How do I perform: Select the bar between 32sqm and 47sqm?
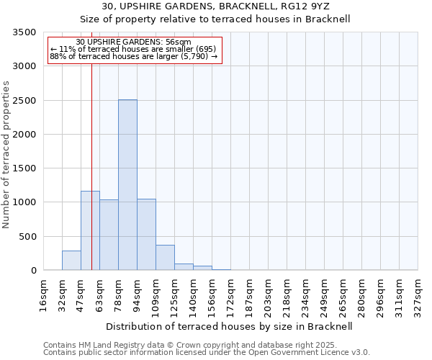71,260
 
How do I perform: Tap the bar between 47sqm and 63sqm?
90,230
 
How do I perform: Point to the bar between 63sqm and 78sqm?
109,235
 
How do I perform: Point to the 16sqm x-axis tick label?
43,295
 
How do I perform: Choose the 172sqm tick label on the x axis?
230,295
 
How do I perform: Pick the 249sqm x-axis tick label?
324,295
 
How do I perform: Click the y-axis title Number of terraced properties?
6,155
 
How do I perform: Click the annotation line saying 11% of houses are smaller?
132,49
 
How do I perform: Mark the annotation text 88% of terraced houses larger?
133,56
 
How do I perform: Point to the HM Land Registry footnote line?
195,345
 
